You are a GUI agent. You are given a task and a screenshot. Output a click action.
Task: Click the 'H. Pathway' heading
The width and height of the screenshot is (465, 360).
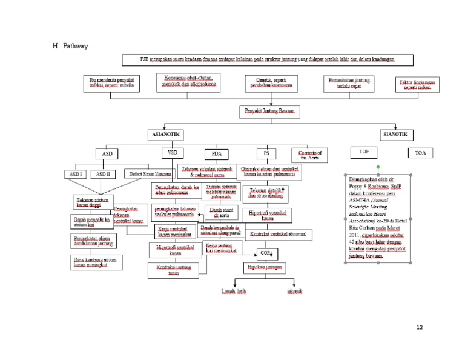[x=70, y=46]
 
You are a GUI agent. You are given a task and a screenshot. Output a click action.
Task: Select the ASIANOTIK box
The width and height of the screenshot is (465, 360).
[x=165, y=135]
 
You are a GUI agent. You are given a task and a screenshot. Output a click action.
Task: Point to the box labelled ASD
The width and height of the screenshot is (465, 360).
[x=107, y=154]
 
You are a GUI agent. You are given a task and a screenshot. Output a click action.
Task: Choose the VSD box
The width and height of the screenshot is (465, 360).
[x=172, y=152]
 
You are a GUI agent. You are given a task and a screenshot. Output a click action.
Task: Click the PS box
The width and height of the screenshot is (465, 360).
[x=266, y=153]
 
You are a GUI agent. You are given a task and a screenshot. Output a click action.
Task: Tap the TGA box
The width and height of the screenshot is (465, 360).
[x=421, y=153]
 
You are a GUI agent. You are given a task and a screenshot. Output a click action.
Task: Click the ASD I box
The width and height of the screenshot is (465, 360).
[x=75, y=174]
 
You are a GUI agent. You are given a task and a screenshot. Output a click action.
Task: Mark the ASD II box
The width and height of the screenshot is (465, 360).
[x=104, y=174]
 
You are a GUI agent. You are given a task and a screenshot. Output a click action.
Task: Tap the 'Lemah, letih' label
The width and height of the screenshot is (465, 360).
[x=234, y=292]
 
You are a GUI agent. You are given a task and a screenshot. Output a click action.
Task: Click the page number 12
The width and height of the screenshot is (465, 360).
[x=420, y=328]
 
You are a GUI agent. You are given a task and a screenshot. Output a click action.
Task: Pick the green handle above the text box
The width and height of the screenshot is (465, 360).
[x=378, y=167]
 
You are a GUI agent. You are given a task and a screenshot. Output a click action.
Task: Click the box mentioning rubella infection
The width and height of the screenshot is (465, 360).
[x=112, y=83]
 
